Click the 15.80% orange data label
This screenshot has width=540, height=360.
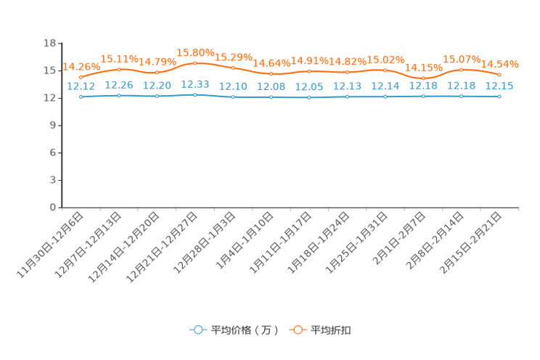point(195,53)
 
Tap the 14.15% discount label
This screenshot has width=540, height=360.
point(424,67)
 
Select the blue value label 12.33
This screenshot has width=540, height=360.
point(195,84)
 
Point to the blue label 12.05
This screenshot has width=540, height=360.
point(309,87)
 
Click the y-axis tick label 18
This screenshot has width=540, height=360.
point(49,43)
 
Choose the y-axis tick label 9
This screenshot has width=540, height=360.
point(53,126)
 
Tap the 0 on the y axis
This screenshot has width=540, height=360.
point(53,208)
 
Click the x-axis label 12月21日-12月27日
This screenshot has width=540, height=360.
point(162,247)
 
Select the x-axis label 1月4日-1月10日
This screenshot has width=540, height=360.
point(245,240)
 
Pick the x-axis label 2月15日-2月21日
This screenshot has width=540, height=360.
point(470,242)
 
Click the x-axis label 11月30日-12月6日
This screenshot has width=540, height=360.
point(50,245)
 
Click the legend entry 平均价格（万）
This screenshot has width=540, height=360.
point(234,330)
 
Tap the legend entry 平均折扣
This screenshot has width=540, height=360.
point(320,330)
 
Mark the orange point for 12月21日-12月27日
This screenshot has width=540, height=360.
point(195,63)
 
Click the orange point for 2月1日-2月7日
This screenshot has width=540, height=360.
point(423,78)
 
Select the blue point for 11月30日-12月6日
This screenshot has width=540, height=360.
point(81,97)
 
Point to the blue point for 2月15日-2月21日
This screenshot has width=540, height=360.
point(499,97)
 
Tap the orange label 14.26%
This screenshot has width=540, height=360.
point(81,67)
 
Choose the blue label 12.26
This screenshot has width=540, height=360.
point(119,85)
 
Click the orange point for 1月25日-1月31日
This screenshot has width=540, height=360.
point(385,70)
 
